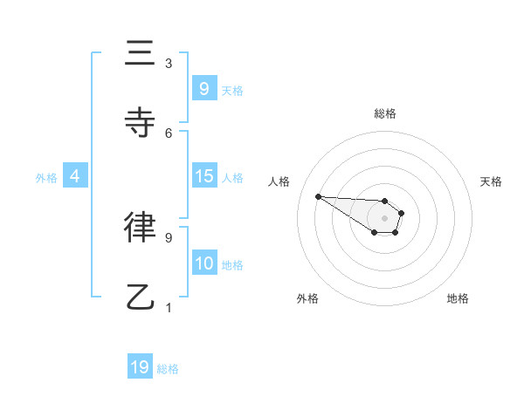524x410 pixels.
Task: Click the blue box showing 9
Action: click(203, 88)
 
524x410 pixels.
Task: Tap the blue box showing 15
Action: click(203, 176)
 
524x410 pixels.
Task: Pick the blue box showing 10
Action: click(203, 263)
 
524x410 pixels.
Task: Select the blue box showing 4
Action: click(74, 176)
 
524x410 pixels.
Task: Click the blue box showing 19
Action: click(140, 367)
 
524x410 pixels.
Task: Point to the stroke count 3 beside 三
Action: click(169, 64)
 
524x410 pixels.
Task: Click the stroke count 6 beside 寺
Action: click(169, 133)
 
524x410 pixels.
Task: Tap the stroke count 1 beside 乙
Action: click(169, 307)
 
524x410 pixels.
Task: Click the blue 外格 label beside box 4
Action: click(46, 177)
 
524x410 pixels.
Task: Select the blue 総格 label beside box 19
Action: click(168, 369)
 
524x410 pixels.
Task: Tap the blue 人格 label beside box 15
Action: click(232, 177)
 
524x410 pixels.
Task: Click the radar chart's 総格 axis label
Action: click(384, 113)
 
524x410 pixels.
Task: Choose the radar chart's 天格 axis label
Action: click(491, 181)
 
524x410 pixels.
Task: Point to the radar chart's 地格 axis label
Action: click(458, 298)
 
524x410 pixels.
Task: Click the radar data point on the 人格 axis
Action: click(318, 196)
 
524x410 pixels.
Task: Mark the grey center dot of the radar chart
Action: click(384, 217)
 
